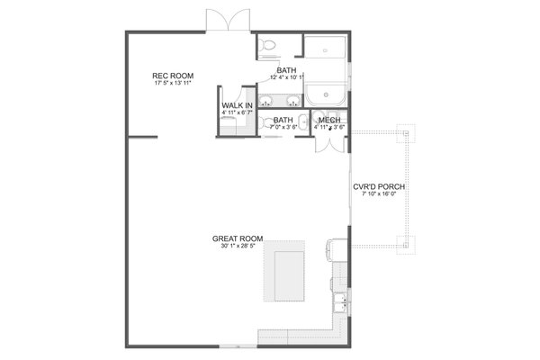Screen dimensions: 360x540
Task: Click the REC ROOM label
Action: click(x=173, y=76)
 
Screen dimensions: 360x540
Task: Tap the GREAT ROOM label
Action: click(x=237, y=238)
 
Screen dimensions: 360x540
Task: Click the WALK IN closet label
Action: click(x=237, y=106)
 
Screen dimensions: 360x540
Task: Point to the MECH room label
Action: click(x=329, y=120)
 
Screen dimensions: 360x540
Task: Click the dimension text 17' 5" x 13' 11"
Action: click(x=173, y=84)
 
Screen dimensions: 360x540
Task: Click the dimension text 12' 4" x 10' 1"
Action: click(x=286, y=77)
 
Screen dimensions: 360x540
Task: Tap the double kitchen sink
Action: click(x=339, y=303)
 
